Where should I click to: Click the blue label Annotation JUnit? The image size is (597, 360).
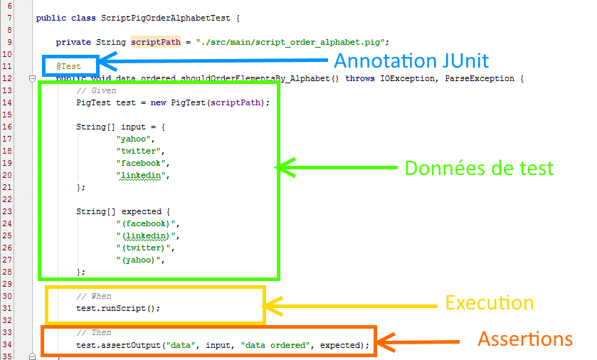click(x=411, y=60)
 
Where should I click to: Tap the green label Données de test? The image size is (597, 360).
click(x=479, y=169)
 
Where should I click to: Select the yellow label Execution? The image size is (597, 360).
click(x=490, y=302)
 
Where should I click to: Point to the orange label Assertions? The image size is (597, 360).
click(x=525, y=339)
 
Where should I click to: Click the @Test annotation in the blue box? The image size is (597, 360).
click(x=69, y=66)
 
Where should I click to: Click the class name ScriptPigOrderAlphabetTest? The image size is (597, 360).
click(x=159, y=18)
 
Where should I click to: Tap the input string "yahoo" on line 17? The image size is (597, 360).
click(x=133, y=139)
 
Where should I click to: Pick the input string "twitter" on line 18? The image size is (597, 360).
click(x=138, y=151)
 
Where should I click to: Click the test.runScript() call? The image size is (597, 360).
click(x=119, y=308)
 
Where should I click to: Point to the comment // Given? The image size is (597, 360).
click(x=97, y=90)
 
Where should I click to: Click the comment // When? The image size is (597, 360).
click(x=94, y=296)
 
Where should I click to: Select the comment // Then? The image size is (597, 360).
click(x=94, y=332)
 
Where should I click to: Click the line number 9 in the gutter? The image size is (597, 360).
click(x=10, y=42)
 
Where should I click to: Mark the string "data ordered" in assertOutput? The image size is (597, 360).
click(x=275, y=345)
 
